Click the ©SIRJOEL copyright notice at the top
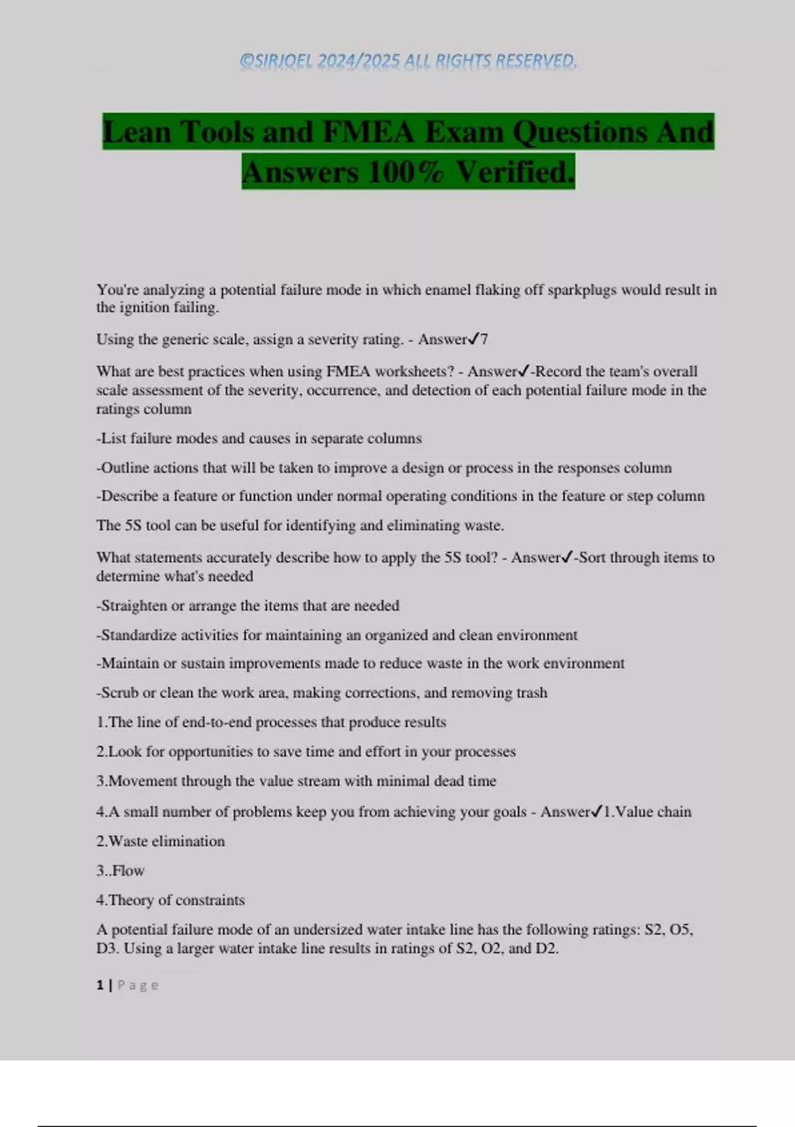coord(408,61)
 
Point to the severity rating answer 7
coord(484,339)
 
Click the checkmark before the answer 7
coord(474,339)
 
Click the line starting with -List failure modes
coord(259,438)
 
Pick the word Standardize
coord(136,634)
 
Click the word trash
coord(532,693)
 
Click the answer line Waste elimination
coord(160,841)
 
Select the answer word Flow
coord(129,870)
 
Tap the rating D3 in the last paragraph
coord(106,948)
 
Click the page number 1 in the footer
coord(100,985)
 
